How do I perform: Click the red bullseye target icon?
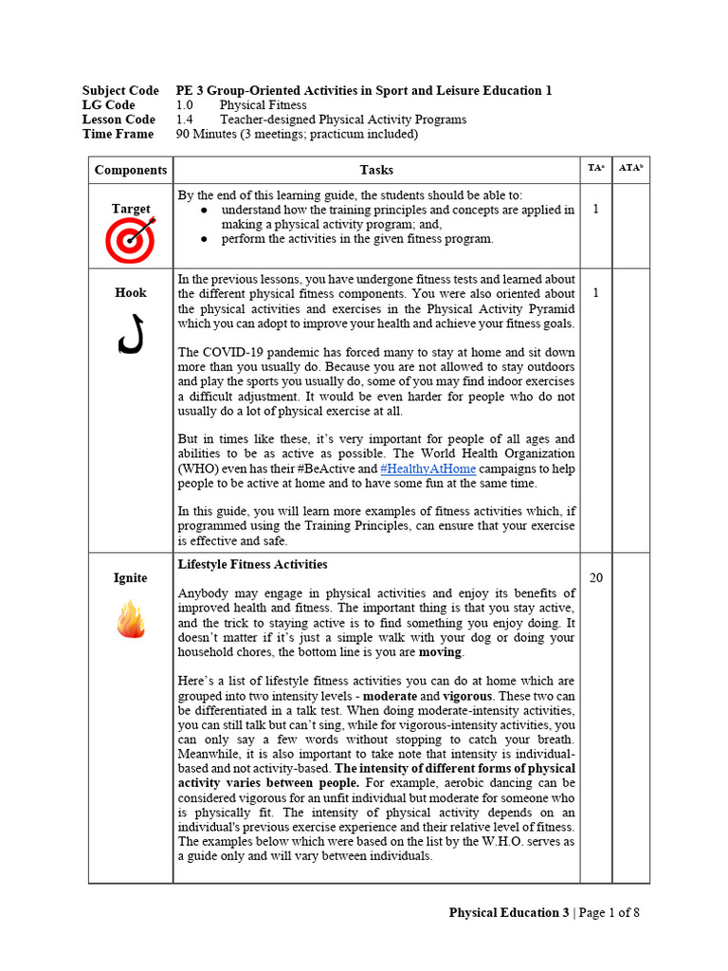coord(130,241)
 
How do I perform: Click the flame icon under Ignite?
coord(130,620)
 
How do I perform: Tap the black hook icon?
coord(131,333)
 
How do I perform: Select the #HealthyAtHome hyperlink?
coord(428,468)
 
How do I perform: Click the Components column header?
coord(131,170)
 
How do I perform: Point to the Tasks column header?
coord(376,170)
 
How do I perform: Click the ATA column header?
coord(630,168)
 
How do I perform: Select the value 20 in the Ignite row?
coord(595,577)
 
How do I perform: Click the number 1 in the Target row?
coord(595,209)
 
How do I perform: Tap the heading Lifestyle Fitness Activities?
coord(253,564)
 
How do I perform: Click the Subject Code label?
coord(120,91)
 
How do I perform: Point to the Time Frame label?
coord(118,134)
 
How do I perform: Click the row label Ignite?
coord(131,577)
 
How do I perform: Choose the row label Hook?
coord(131,293)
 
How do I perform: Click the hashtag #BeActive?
coord(320,468)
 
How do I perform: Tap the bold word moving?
coord(440,652)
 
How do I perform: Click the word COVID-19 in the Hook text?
coord(234,352)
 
